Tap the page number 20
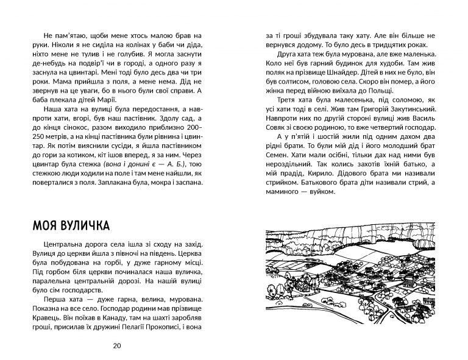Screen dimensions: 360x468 point(117,346)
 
